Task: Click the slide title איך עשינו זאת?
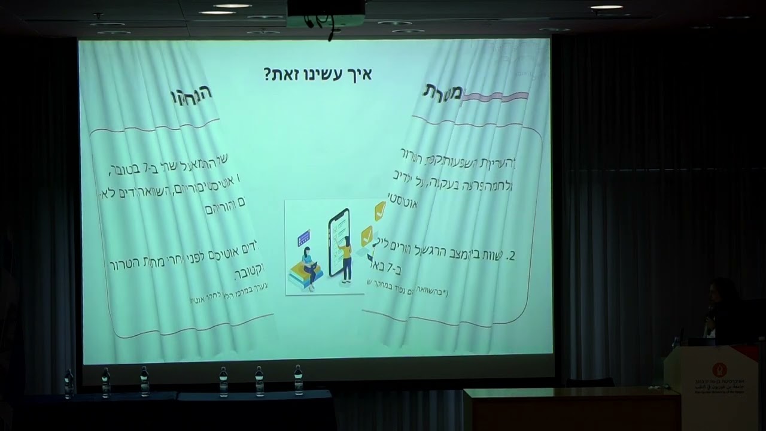point(318,75)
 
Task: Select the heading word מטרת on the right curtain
point(443,92)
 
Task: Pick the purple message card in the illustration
point(303,238)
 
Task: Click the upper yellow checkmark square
point(380,211)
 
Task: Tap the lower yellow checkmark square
point(367,235)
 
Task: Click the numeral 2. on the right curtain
point(510,256)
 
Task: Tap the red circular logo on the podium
point(719,369)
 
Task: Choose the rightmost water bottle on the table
point(298,380)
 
